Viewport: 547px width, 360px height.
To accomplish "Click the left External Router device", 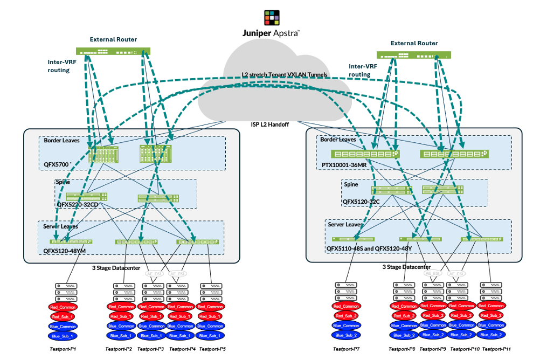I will pos(113,52).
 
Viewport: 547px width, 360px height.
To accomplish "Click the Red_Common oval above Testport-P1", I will pos(63,307).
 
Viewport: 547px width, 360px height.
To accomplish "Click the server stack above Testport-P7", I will pos(347,291).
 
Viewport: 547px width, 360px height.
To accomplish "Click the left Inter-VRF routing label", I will pos(59,66).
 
